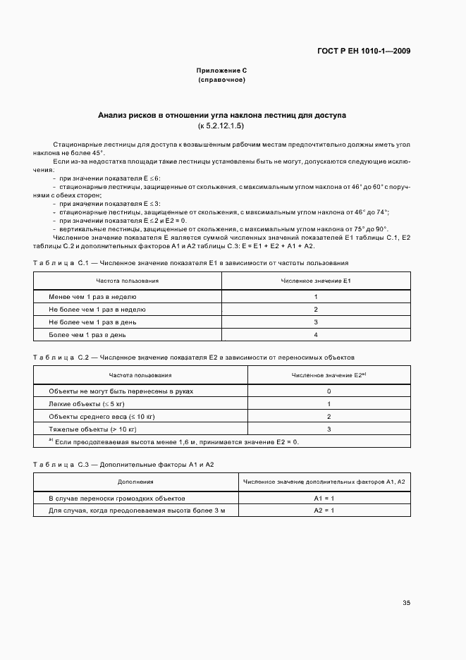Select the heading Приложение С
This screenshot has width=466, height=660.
point(221,71)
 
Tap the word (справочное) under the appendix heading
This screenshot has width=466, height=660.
point(221,80)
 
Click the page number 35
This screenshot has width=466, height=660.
point(406,603)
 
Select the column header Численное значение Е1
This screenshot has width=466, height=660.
point(316,281)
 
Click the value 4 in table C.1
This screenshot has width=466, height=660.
point(316,335)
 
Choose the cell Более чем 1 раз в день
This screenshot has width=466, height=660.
point(87,335)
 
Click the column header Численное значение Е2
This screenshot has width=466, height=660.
point(329,375)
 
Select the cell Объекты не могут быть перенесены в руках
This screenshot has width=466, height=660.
point(121,391)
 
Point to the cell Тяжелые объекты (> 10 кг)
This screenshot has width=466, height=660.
point(92,429)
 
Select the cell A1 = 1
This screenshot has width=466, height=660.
point(324,498)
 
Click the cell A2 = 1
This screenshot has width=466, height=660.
point(324,511)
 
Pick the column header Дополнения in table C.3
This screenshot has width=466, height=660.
point(135,482)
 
